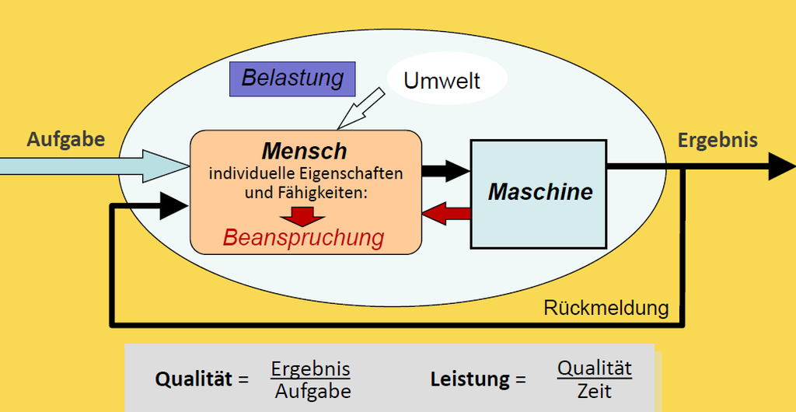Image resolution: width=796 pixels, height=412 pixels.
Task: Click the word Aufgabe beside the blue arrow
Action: coord(65,139)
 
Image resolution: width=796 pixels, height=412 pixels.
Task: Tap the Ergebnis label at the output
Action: coord(717,140)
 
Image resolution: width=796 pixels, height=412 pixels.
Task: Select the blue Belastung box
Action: coord(292,78)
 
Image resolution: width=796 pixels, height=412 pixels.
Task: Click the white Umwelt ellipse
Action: coord(446,79)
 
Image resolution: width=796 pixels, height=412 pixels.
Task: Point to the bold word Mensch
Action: coord(304,150)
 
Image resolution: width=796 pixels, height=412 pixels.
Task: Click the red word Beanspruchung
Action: coord(303,237)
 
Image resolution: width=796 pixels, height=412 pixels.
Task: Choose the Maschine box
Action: coord(539,193)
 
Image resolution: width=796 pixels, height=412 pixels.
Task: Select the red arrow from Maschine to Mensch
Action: coord(446,214)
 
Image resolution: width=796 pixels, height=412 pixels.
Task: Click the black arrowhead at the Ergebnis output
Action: coord(780,166)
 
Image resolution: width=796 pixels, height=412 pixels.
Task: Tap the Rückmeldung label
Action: coord(606,308)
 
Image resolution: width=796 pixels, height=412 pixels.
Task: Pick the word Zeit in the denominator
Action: coord(594,390)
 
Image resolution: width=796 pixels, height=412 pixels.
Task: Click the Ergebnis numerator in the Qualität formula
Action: coord(310,368)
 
